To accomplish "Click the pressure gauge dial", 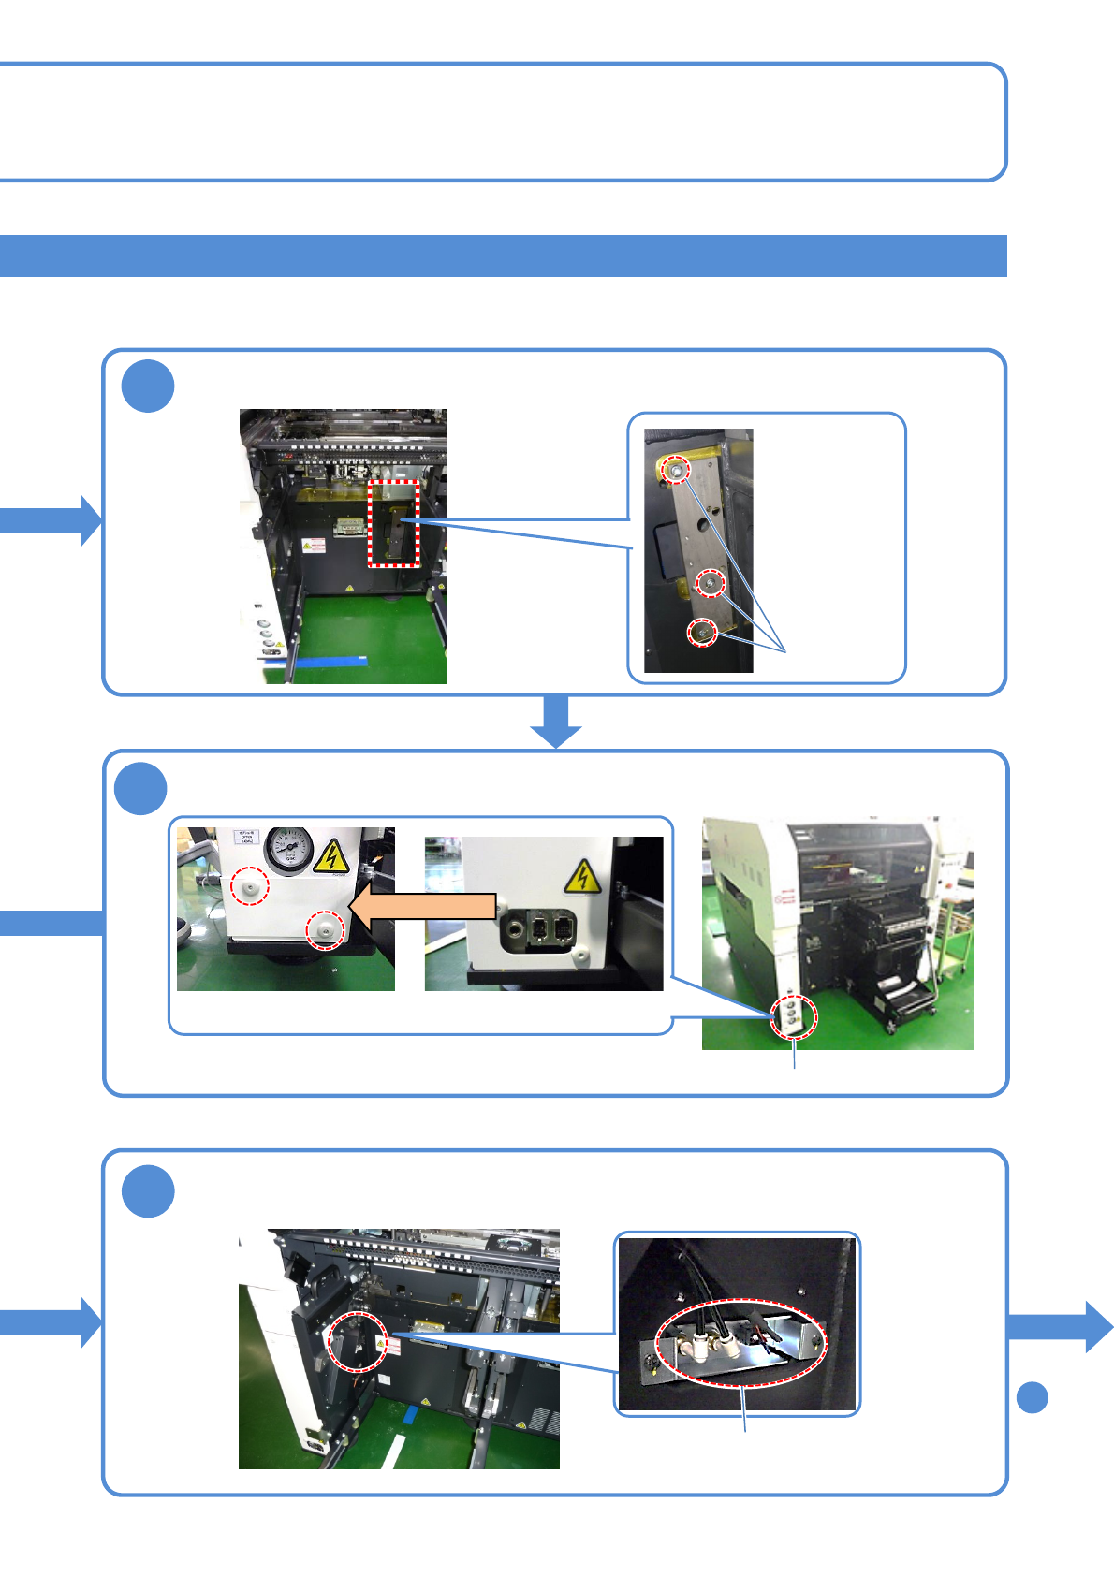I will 289,850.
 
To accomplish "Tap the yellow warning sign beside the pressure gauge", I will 330,855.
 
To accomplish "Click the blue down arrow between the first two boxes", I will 556,721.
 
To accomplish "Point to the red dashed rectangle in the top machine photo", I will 393,523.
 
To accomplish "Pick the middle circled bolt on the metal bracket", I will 711,584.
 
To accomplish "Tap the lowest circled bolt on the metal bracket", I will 702,634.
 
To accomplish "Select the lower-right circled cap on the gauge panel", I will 326,928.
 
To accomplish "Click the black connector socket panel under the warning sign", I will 542,932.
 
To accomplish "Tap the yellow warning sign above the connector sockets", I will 582,876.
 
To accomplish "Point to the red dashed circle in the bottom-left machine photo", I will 358,1342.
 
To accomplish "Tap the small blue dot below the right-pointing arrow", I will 1032,1397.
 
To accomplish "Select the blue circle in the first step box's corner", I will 148,386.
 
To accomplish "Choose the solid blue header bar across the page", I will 503,255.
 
